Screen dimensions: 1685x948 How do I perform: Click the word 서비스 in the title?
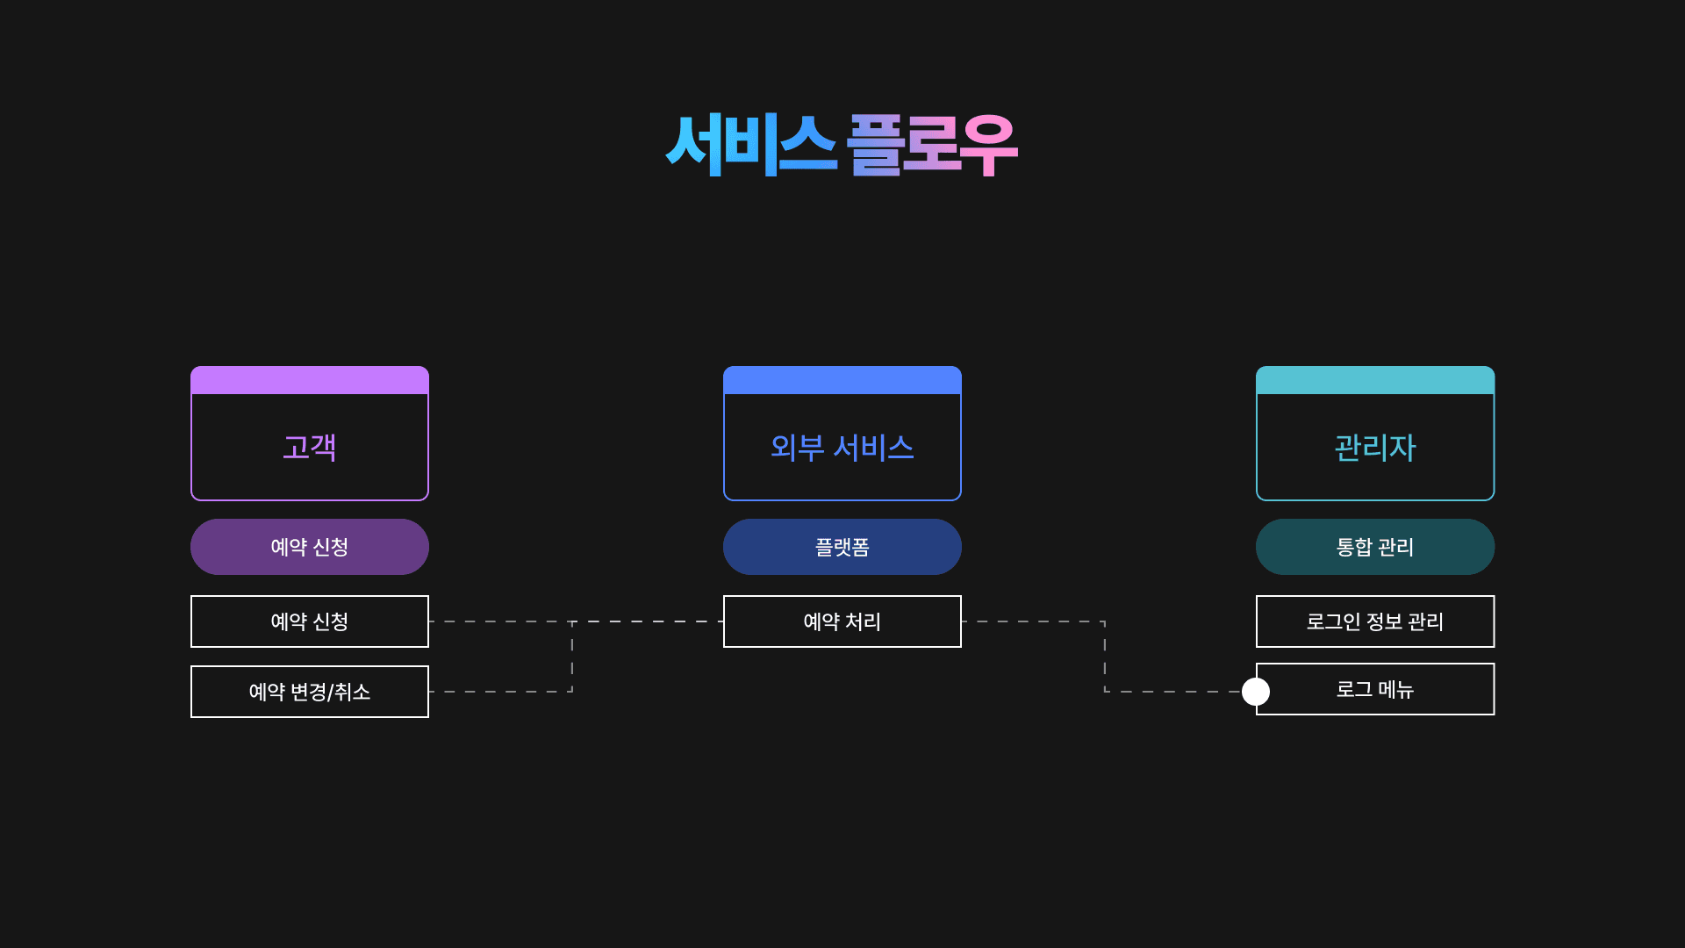tap(750, 145)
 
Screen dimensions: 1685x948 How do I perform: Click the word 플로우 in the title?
tap(931, 145)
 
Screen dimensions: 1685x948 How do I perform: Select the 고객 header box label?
tap(310, 448)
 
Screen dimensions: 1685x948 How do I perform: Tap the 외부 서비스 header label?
tap(842, 448)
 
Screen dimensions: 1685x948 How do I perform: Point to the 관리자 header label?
tap(1374, 448)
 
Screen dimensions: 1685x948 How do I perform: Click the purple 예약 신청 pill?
tap(310, 547)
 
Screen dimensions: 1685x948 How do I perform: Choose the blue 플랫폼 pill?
tap(842, 547)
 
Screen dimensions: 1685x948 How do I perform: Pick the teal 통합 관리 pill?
tap(1374, 547)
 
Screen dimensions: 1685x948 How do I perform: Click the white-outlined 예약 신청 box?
tap(310, 621)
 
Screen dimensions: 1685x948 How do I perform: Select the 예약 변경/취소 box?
tap(310, 692)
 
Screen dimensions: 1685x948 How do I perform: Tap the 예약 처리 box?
tap(842, 621)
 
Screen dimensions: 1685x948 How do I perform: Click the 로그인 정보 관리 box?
tap(1374, 621)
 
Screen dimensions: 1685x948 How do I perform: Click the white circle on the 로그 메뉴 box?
tap(1256, 692)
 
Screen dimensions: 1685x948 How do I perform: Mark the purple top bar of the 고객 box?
tap(310, 380)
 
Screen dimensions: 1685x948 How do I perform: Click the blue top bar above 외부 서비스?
tap(842, 380)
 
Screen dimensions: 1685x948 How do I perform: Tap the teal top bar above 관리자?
tap(1374, 380)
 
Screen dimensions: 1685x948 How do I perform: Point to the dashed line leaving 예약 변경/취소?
tap(500, 692)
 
